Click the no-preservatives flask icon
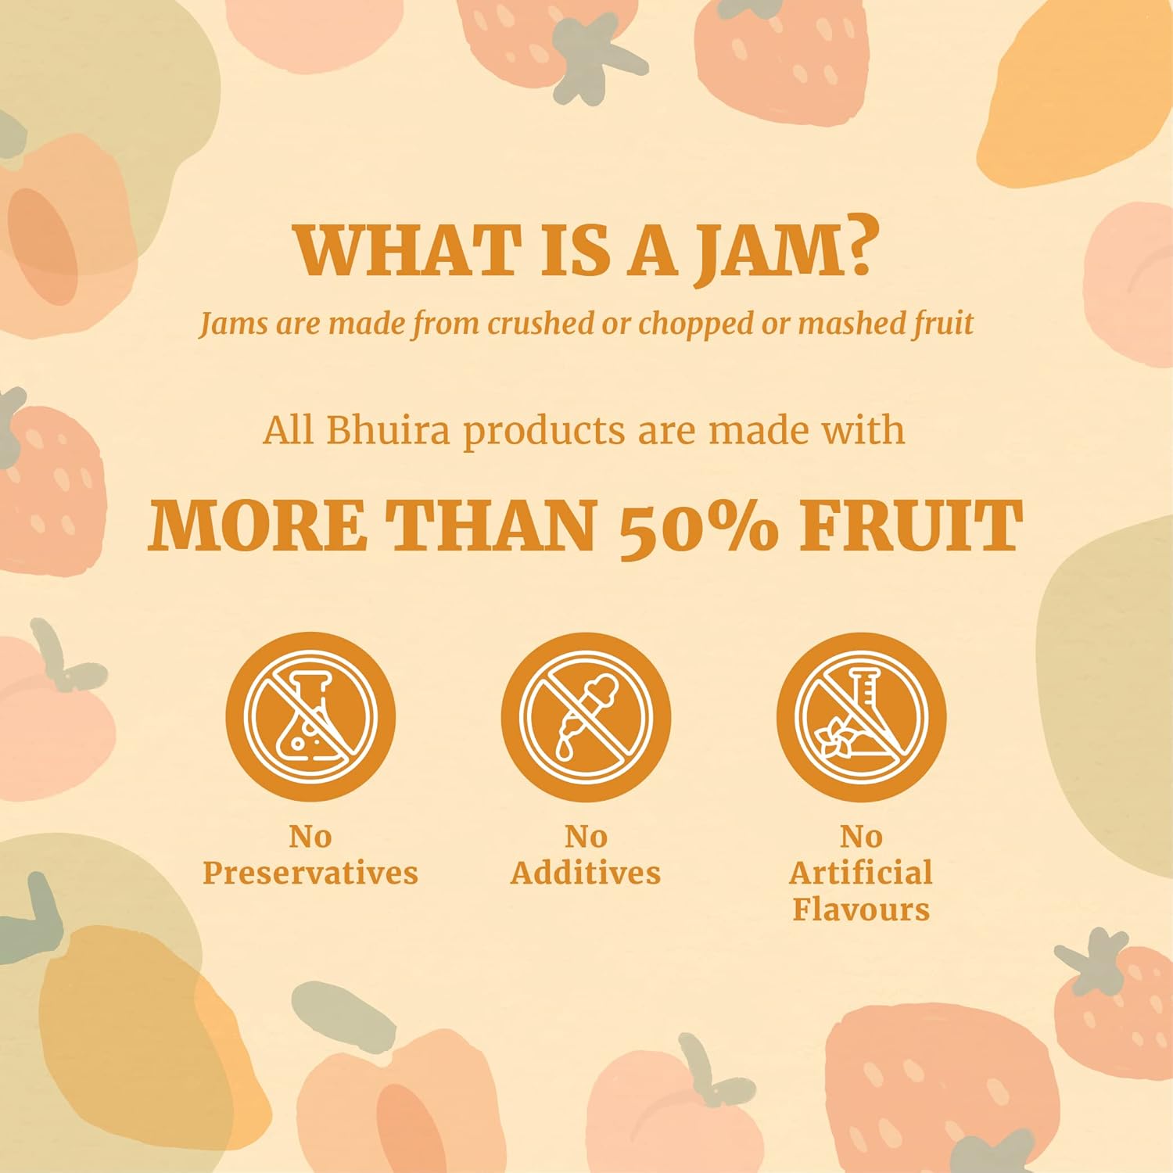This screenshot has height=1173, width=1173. (310, 716)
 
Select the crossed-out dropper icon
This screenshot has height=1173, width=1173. (586, 716)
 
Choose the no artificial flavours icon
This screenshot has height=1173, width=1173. (861, 716)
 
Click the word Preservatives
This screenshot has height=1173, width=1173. (310, 873)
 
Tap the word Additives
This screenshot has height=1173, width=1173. (586, 873)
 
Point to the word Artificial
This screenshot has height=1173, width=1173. (861, 873)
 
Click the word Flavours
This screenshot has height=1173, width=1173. (861, 909)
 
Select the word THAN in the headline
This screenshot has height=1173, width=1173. (493, 526)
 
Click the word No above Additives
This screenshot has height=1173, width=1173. (586, 837)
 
